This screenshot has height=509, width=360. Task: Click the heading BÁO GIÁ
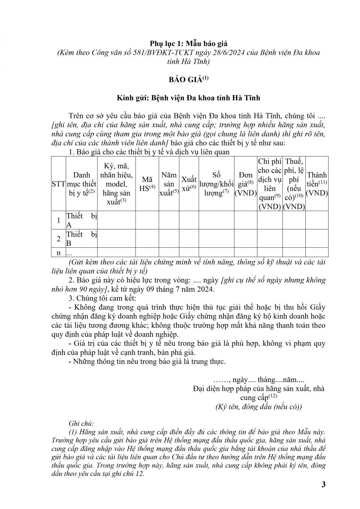pos(180,79)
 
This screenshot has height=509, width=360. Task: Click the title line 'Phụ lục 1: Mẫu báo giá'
pos(180,44)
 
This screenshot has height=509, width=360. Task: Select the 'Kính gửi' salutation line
pos(180,98)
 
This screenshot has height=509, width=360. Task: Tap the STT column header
pos(58,184)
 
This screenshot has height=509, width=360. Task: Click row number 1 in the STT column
pos(58,220)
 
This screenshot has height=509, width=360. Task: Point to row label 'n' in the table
pos(58,252)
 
